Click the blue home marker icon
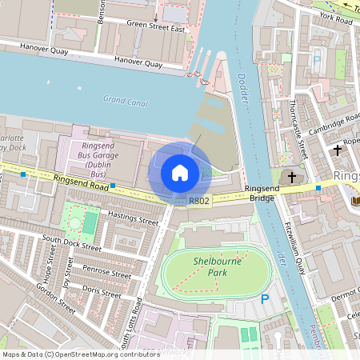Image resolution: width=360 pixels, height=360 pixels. pyautogui.click(x=180, y=173)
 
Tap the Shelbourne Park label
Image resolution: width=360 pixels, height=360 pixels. pyautogui.click(x=216, y=266)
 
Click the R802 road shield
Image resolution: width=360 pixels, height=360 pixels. pyautogui.click(x=199, y=200)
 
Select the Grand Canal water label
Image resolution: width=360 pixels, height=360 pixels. pyautogui.click(x=126, y=100)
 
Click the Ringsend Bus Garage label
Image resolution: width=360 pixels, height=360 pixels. pyautogui.click(x=99, y=159)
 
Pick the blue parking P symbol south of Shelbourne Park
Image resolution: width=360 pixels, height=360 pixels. pyautogui.click(x=265, y=299)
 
